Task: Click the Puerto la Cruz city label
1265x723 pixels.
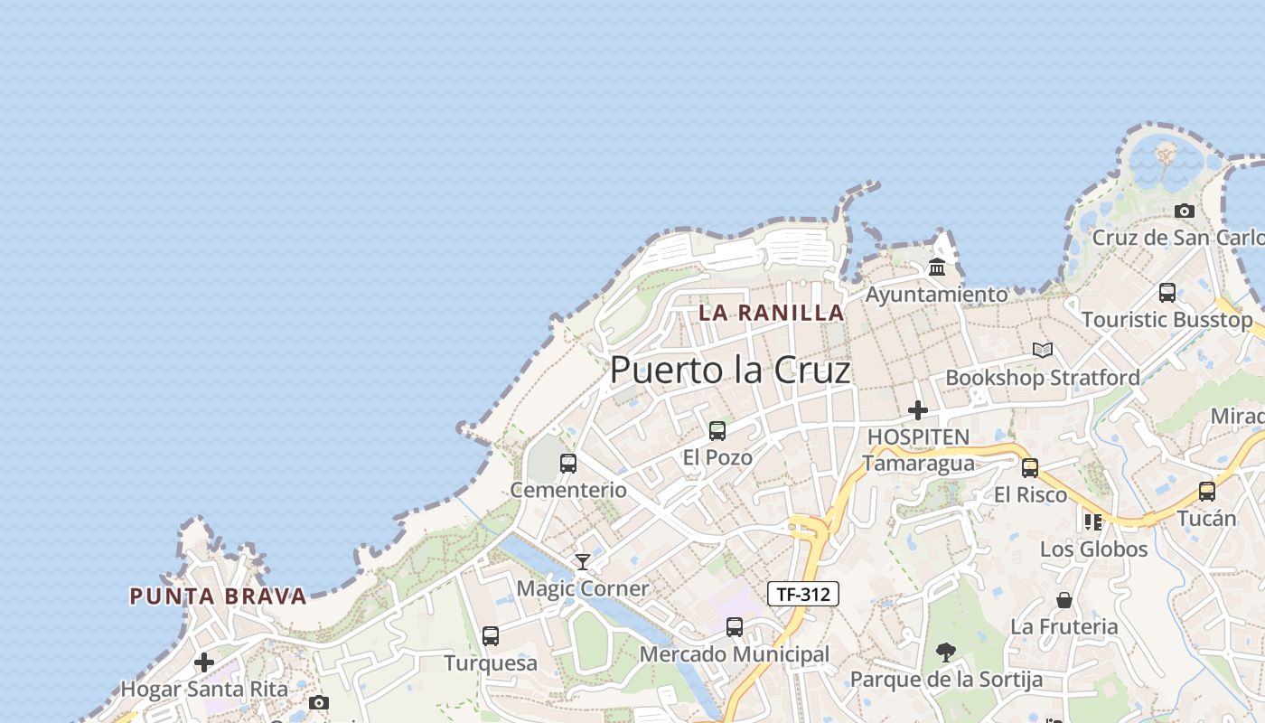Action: click(x=730, y=371)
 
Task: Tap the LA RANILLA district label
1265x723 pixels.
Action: click(x=772, y=313)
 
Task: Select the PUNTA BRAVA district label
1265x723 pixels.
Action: click(x=218, y=596)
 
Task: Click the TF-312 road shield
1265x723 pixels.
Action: click(x=803, y=594)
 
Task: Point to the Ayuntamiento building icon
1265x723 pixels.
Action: click(x=937, y=268)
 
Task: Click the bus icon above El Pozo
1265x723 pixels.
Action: click(x=717, y=431)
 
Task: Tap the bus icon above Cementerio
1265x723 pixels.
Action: click(x=568, y=464)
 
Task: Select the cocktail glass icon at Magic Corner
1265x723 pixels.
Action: click(x=583, y=562)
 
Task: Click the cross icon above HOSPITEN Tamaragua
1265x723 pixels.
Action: click(x=918, y=410)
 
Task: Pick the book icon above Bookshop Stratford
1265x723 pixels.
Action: click(x=1043, y=350)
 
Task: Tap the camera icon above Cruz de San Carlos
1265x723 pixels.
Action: click(x=1185, y=211)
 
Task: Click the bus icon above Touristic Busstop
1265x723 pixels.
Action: click(x=1167, y=293)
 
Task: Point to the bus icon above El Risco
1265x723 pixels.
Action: click(x=1030, y=468)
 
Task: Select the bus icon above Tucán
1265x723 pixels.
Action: click(x=1207, y=492)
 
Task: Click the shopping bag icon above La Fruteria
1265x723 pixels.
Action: click(x=1064, y=600)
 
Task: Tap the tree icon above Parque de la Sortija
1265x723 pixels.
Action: click(x=946, y=652)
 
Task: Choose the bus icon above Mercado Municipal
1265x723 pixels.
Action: click(x=735, y=627)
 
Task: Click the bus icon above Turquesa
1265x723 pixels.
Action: click(x=491, y=636)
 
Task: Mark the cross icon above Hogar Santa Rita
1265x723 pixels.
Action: click(x=204, y=662)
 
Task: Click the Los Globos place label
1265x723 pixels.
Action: click(x=1093, y=549)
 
